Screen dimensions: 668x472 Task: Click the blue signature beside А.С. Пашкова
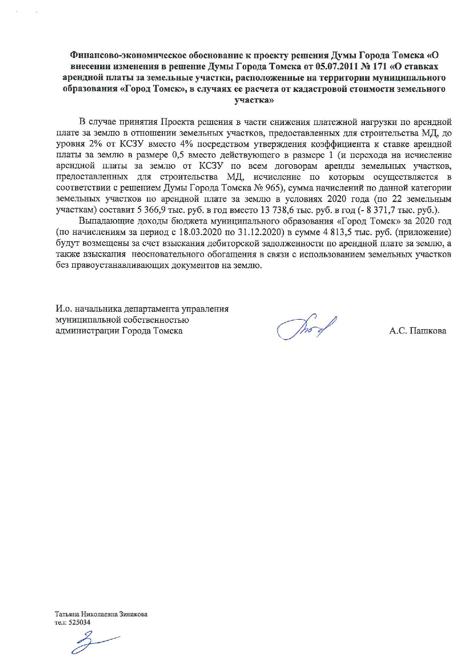click(x=306, y=327)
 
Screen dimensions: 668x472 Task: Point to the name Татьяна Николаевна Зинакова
click(x=101, y=614)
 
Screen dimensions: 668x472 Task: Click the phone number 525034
click(x=78, y=622)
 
